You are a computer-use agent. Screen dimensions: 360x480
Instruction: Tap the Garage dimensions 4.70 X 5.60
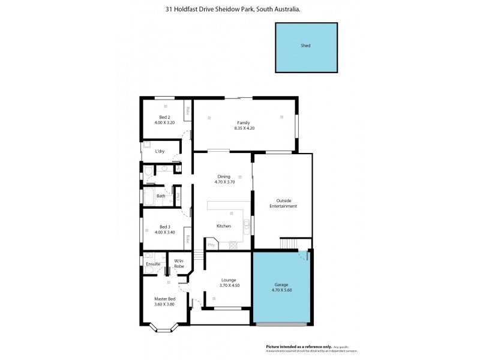pyautogui.click(x=281, y=290)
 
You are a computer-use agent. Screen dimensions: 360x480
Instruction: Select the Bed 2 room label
pyautogui.click(x=164, y=116)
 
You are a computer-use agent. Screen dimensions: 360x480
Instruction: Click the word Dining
pyautogui.click(x=223, y=176)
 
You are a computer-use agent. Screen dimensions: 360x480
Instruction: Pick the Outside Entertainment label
pyautogui.click(x=286, y=203)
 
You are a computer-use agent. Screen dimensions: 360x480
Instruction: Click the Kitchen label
pyautogui.click(x=224, y=226)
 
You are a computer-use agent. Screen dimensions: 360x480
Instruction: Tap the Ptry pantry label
pyautogui.click(x=211, y=245)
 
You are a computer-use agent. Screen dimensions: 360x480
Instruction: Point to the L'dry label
pyautogui.click(x=160, y=151)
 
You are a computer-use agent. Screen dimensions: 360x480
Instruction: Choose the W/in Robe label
pyautogui.click(x=179, y=263)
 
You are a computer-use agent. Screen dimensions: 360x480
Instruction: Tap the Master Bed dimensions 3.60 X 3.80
pyautogui.click(x=164, y=304)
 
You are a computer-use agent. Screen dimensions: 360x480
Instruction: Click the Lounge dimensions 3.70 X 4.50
pyautogui.click(x=227, y=285)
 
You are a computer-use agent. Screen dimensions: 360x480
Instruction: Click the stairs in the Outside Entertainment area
pyautogui.click(x=289, y=243)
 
